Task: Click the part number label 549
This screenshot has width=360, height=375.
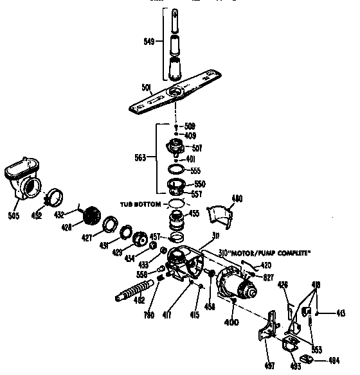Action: (x=148, y=42)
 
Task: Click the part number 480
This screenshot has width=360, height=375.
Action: (x=237, y=199)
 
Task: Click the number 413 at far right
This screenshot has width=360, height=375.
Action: (x=341, y=313)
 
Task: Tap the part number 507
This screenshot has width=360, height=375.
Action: (x=197, y=148)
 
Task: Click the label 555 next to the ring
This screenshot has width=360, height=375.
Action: (x=196, y=170)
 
